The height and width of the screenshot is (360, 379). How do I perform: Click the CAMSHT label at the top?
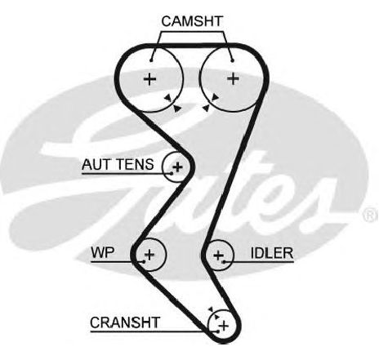pos(192,21)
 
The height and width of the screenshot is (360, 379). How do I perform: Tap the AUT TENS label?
pos(118,164)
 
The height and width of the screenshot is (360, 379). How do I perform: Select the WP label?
pos(103,252)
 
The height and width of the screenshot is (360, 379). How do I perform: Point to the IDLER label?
pos(272,253)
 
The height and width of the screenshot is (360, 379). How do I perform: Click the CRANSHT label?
pos(125,322)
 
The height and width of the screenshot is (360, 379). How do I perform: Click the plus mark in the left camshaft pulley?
pos(149,79)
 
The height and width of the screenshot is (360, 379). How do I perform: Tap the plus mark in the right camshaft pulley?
pos(233,78)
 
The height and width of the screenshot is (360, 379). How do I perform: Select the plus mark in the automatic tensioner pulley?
pos(177,167)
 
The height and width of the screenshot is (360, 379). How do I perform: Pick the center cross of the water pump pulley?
pos(149,255)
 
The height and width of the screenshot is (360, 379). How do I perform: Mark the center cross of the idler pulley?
pos(218,256)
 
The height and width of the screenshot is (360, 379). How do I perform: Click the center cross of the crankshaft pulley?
pos(224,326)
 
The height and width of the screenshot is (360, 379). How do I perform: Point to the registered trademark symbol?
pos(371,215)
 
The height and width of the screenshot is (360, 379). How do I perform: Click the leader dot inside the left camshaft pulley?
pos(151,60)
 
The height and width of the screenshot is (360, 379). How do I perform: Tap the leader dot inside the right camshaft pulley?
pos(232,60)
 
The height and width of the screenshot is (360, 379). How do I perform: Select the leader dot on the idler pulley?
pos(224,262)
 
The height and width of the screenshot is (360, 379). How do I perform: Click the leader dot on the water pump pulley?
pos(144,262)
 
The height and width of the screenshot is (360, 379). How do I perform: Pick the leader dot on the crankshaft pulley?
pos(218,331)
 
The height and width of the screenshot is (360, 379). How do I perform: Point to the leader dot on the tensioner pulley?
pos(172,173)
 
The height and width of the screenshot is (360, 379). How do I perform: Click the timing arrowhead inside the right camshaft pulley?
pos(215,97)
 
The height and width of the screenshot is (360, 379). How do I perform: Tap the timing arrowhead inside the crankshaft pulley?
pos(216,317)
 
